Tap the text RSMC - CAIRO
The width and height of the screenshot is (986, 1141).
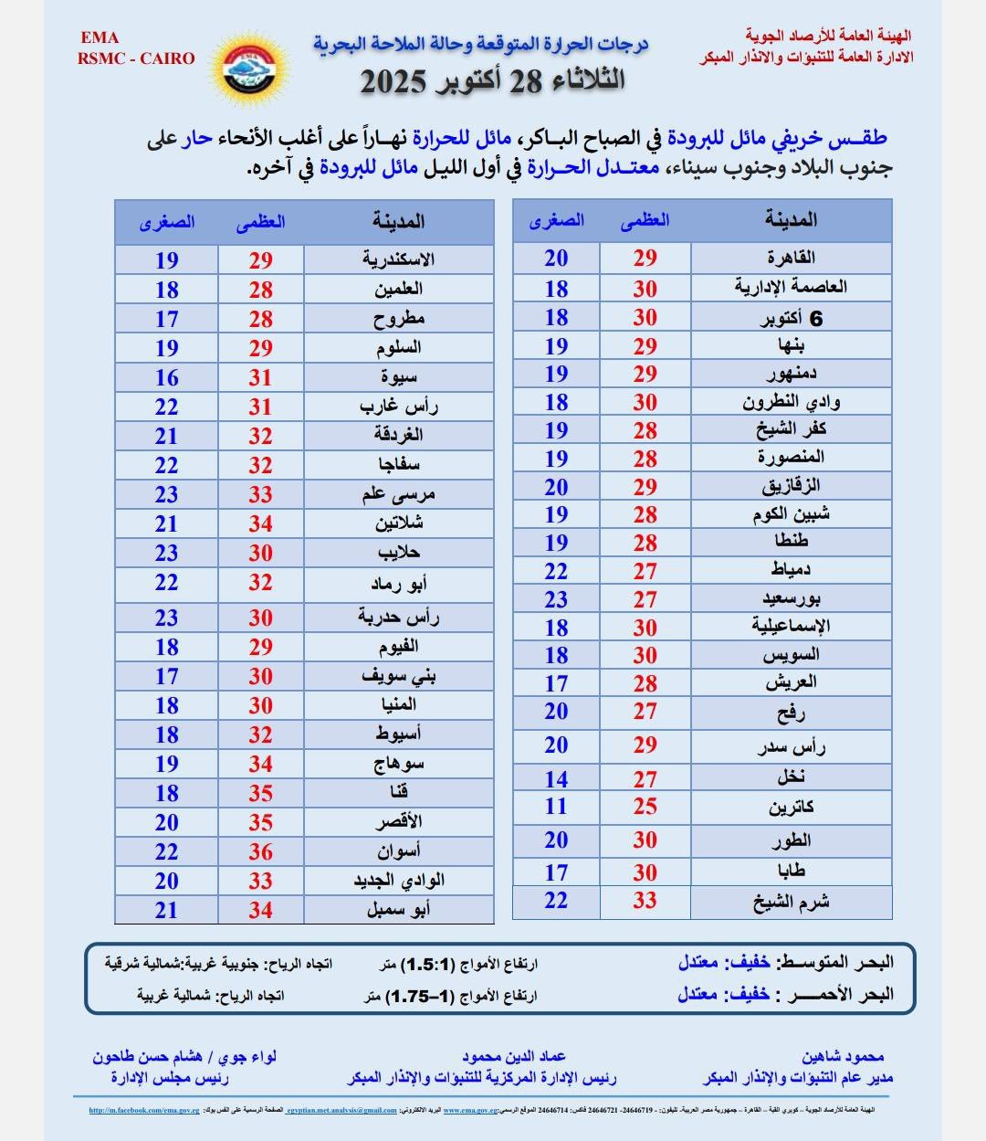pos(136,58)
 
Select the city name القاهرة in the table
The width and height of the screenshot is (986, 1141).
pos(792,258)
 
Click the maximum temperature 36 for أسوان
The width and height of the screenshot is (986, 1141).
pos(261,851)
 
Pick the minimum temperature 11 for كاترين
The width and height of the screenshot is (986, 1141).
pos(556,807)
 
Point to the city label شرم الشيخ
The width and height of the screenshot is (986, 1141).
pos(791,902)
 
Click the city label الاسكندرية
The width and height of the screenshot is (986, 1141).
pos(398,259)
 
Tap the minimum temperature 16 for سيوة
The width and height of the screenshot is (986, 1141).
pos(166,377)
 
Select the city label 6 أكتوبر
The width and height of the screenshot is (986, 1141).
pos(791,318)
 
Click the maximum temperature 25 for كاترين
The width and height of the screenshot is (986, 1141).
pos(645,807)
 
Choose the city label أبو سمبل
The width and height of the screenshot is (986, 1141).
pos(398,910)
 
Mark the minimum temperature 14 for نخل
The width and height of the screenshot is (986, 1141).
pos(556,779)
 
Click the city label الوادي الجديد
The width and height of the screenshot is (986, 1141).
pos(399,881)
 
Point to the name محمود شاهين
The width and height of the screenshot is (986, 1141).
pos(843,1057)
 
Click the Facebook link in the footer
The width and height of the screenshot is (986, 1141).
pos(144,1111)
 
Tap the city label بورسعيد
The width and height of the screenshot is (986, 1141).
pos(791,599)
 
